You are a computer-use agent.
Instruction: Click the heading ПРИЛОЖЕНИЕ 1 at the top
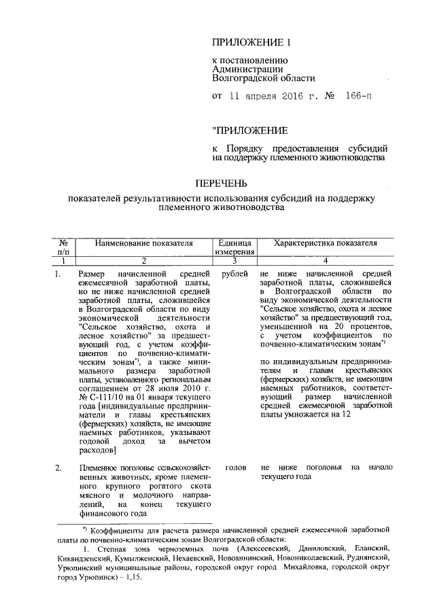[251, 43]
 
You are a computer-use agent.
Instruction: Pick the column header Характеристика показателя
[324, 242]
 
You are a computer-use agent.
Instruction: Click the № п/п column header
[63, 247]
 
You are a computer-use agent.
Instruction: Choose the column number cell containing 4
[324, 260]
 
